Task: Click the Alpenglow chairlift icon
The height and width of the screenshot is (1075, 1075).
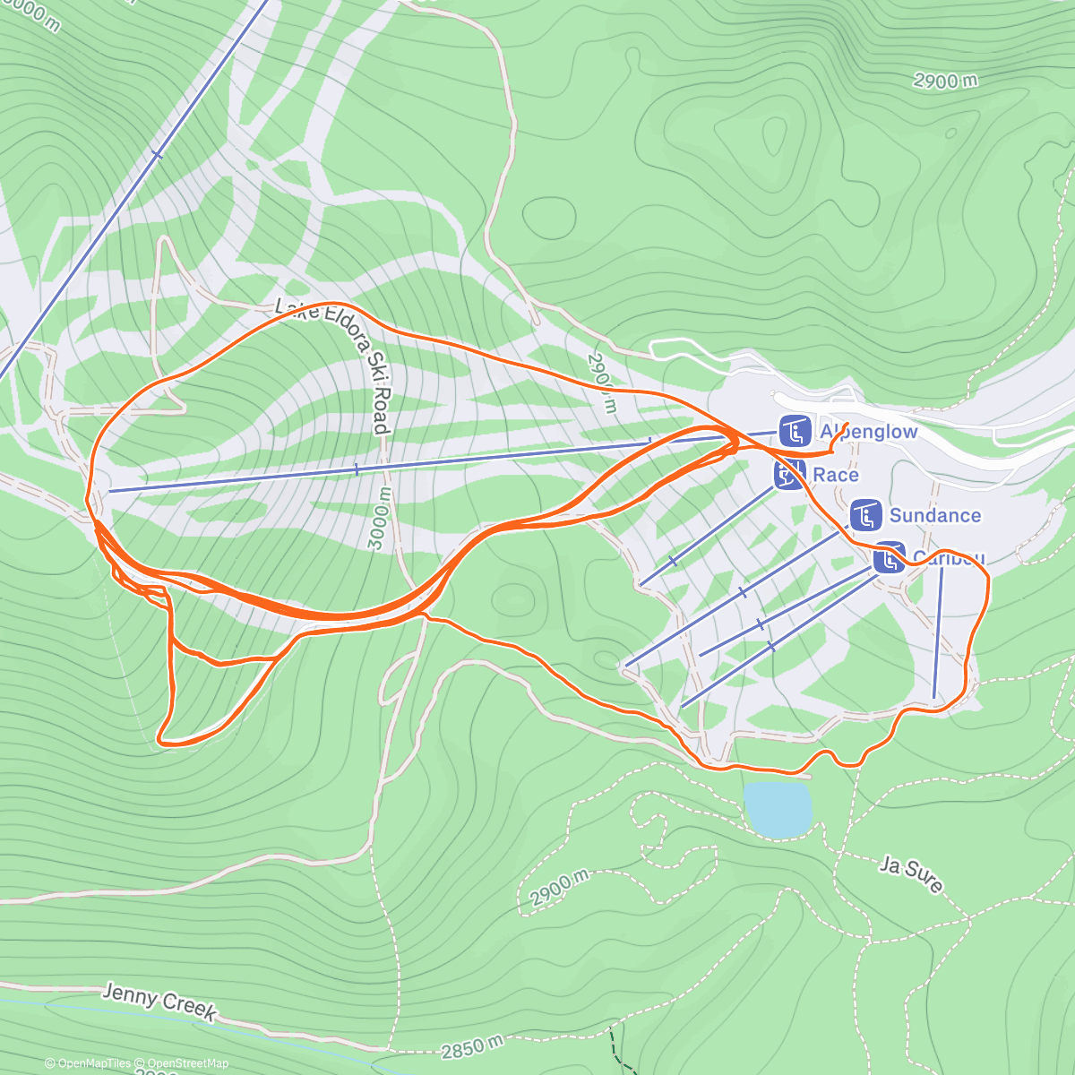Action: pos(795,432)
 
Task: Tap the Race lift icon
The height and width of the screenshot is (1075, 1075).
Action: pos(789,475)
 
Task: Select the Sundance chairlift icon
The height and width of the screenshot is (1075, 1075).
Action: pos(865,515)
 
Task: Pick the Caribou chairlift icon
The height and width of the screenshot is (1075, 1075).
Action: pos(889,557)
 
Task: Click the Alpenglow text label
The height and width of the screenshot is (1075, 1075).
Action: pos(868,432)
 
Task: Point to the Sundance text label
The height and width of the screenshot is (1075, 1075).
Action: pos(934,515)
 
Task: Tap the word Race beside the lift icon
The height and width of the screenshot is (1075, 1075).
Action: pos(835,475)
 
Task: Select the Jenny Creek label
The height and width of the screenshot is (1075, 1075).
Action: pos(159,1002)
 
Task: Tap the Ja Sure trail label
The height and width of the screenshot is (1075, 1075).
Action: pos(911,874)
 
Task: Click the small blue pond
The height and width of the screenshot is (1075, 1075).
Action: pos(778,809)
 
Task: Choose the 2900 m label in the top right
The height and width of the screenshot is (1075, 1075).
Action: pos(945,81)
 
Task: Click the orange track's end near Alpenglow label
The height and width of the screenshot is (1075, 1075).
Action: pos(847,422)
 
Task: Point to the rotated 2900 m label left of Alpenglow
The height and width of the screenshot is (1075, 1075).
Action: pos(602,383)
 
